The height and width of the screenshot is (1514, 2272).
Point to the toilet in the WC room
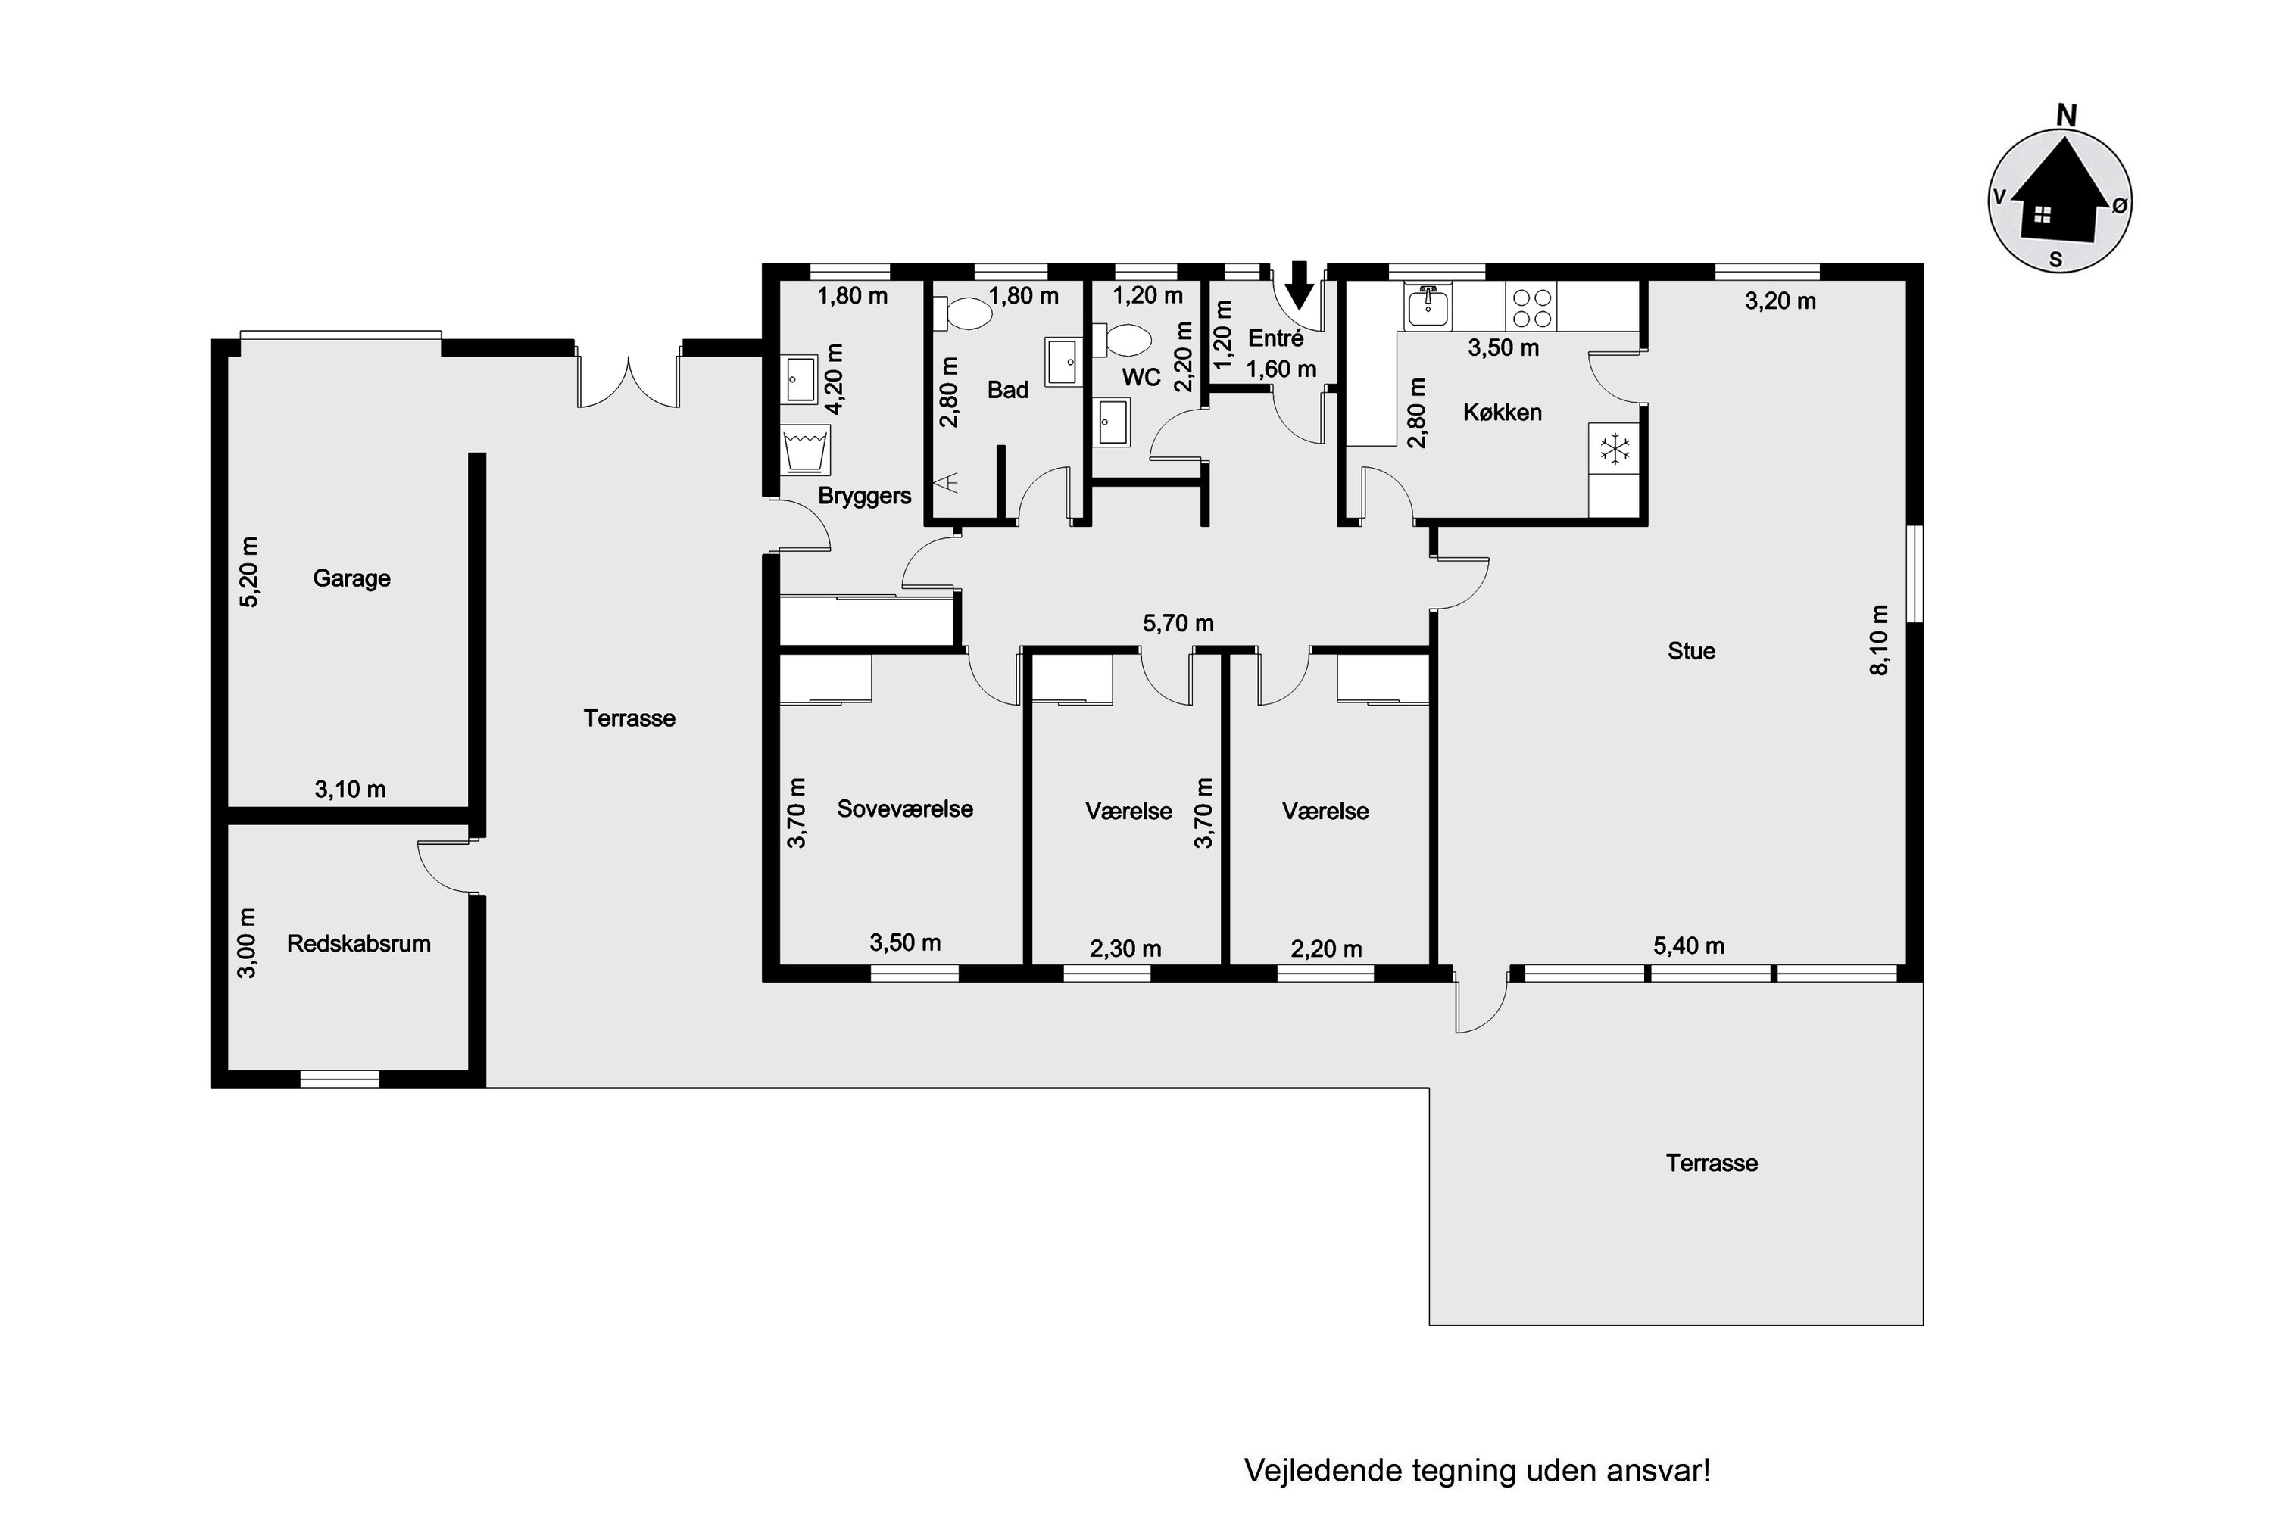1122,340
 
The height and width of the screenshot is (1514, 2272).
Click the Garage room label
351,578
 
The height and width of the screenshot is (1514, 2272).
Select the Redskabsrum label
358,943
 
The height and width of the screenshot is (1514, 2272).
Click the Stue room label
1691,651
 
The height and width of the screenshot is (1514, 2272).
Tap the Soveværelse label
905,809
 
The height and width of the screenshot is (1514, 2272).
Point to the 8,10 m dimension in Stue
1879,640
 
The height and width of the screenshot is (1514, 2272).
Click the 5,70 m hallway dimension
1178,624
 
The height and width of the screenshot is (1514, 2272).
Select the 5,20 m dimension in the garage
249,571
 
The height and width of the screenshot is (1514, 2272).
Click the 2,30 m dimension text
1125,949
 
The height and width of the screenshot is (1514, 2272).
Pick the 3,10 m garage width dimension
350,790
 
